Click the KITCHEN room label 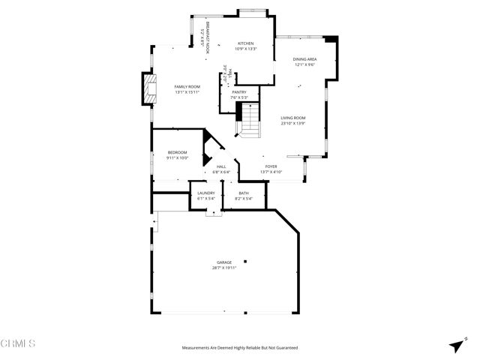[x=246, y=43]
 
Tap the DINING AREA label [x=304, y=59]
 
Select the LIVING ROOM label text [x=292, y=118]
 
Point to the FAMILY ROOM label [x=187, y=87]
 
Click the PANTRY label [x=238, y=92]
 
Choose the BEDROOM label [x=177, y=152]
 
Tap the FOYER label [x=271, y=166]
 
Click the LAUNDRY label [x=206, y=193]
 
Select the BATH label [x=244, y=193]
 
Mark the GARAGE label [x=224, y=262]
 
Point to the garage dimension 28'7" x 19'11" [x=224, y=268]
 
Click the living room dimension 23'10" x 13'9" [x=292, y=123]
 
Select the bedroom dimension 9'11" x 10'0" [x=177, y=157]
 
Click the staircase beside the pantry [x=249, y=120]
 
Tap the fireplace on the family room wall [x=148, y=88]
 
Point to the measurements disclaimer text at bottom [x=240, y=348]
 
